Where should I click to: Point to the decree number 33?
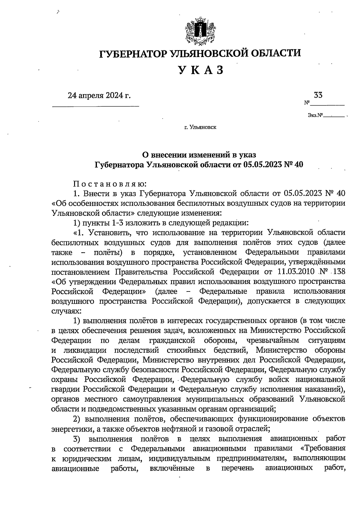tap(318, 95)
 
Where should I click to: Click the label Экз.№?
tap(314, 115)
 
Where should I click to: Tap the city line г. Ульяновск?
tap(200, 128)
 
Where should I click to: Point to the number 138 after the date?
tap(339, 272)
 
